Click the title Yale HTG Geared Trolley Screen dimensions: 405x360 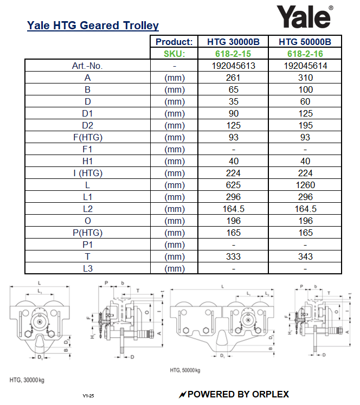(x=93, y=25)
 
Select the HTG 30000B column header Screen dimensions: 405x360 (x=234, y=42)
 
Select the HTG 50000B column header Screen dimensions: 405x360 (x=305, y=42)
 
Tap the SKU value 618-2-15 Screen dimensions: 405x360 (x=234, y=54)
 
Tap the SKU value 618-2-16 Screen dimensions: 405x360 (x=305, y=54)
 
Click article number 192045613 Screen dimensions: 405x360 (x=234, y=66)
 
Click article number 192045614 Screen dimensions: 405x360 (x=305, y=66)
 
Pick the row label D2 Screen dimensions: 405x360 (x=87, y=125)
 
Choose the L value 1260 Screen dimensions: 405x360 (x=305, y=185)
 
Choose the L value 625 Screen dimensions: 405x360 (x=234, y=185)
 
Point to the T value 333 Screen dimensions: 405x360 (x=234, y=256)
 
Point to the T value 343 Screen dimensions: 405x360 (x=305, y=256)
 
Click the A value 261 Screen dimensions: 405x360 (x=234, y=78)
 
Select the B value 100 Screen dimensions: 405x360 (x=305, y=89)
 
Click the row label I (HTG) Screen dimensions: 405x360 (x=87, y=173)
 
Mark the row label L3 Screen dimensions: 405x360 (x=87, y=268)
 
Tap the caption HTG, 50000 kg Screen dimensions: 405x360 (x=185, y=370)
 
